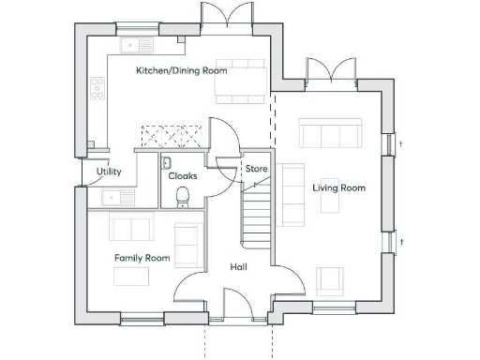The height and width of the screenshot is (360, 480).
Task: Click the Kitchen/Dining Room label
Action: pos(182,71)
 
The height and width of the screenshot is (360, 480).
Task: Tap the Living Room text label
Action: pos(338,188)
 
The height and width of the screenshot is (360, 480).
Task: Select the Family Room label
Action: pos(142,258)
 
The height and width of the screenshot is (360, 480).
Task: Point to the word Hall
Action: pos(239,267)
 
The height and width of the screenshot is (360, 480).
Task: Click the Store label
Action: pos(257,169)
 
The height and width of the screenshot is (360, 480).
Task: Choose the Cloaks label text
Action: pos(182,175)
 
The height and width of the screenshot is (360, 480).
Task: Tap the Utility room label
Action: pos(109,172)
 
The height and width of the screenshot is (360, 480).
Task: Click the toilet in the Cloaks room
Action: pos(183,197)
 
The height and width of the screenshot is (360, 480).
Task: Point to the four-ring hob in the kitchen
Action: pos(97,88)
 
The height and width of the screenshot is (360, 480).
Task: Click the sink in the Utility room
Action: pos(112,198)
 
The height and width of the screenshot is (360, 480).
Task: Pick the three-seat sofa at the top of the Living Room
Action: pos(330,134)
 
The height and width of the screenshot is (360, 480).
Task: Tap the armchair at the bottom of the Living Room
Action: pos(329,280)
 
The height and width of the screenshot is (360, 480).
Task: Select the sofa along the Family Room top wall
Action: pos(131,227)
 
